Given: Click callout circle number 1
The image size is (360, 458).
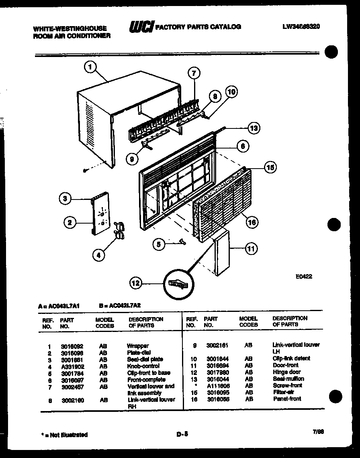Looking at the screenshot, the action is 91,67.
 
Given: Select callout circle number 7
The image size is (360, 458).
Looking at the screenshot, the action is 194,73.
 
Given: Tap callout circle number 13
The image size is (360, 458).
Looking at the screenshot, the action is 253,128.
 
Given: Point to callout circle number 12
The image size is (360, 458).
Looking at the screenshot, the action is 136,283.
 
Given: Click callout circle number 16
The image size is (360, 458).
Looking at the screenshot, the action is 252,222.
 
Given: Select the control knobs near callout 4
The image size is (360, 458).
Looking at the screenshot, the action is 119,230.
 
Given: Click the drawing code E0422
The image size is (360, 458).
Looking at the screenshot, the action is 304,276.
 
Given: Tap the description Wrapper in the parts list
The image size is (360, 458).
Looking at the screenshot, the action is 138,346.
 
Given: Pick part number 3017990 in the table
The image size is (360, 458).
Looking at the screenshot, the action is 218,372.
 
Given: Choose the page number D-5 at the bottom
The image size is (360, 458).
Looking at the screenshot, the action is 182,434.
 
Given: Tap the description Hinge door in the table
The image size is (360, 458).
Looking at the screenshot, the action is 286,372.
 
